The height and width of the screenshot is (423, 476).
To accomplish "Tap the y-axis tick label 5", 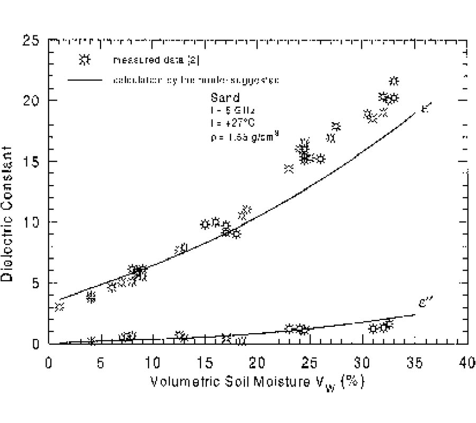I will click(x=35, y=283).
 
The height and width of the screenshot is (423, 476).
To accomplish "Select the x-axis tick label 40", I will click(x=467, y=365).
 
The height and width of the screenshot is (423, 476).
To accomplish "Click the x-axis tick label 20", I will click(x=258, y=365).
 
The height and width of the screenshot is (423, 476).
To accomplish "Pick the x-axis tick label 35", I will click(x=414, y=365).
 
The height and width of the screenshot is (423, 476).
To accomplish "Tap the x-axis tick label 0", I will click(x=49, y=365).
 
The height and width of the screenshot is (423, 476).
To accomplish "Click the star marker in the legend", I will click(x=85, y=60).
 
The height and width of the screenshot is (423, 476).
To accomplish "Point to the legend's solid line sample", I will click(x=85, y=80).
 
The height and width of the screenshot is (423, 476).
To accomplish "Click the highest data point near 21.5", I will click(x=393, y=81).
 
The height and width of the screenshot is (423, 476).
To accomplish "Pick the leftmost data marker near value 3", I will click(x=59, y=307).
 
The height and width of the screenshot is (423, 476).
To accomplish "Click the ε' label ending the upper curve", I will click(x=426, y=108).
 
